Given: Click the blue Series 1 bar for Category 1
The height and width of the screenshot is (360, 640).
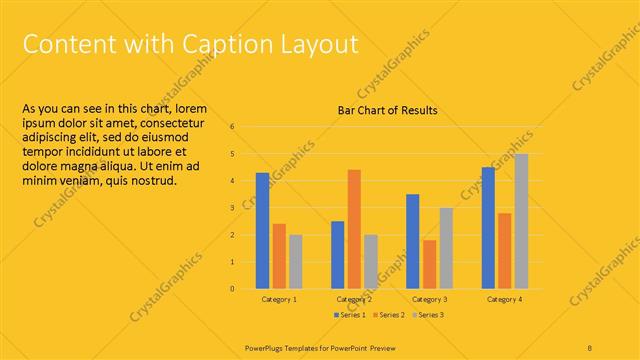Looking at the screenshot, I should [x=262, y=231].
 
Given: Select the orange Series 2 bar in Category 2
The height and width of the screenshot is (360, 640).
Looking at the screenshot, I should [x=354, y=229].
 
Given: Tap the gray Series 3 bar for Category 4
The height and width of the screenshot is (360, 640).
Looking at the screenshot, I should [x=521, y=221].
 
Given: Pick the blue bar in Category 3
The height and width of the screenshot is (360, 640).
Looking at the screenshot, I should [x=413, y=241].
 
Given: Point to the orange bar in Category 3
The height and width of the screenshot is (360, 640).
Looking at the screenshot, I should [x=429, y=264].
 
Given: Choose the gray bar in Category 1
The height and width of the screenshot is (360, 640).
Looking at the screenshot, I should [x=295, y=262].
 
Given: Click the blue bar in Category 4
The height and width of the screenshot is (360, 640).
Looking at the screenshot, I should [x=488, y=228].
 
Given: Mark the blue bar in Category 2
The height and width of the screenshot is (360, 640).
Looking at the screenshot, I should [x=338, y=255].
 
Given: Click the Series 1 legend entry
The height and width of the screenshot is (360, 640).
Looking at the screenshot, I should [x=349, y=315].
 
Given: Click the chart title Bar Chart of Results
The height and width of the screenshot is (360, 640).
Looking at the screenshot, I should [x=388, y=110].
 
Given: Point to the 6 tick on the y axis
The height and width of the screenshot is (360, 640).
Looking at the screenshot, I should [x=231, y=127].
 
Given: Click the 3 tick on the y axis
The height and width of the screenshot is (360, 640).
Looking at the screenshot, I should [x=231, y=208].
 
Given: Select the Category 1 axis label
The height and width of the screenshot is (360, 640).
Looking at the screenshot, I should [x=279, y=299].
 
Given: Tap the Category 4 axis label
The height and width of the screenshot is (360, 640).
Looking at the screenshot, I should [x=504, y=299].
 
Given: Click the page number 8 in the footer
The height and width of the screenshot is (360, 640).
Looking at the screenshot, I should [x=590, y=346].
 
